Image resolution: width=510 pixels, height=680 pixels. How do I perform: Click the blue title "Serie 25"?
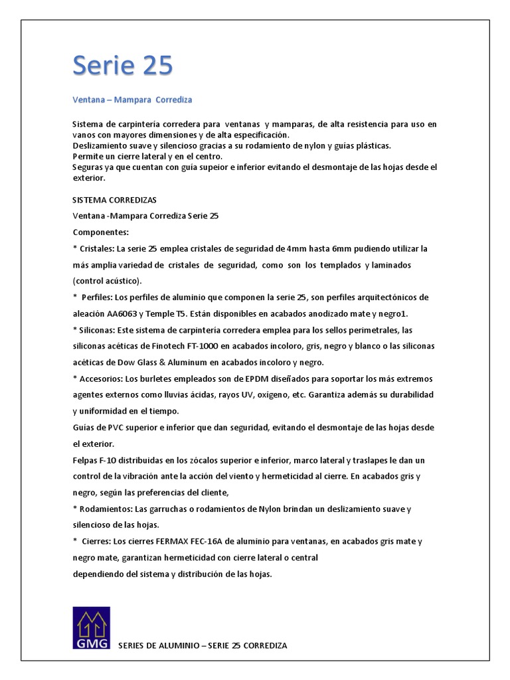tap(122, 66)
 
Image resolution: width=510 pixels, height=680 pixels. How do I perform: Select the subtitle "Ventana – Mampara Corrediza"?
tap(132, 100)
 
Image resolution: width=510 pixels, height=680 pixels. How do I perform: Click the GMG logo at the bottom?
tap(92, 628)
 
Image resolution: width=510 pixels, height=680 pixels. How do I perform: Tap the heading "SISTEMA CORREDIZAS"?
tap(114, 199)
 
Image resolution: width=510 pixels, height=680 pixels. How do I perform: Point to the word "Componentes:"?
tap(101, 232)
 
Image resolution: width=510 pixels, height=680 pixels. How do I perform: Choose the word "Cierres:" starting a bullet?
tap(100, 541)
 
